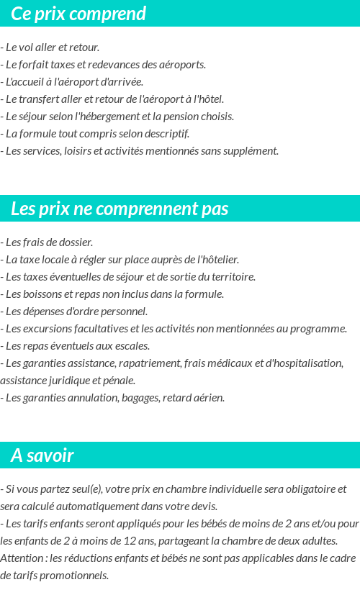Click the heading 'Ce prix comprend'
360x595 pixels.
[78, 14]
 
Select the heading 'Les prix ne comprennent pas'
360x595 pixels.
[120, 209]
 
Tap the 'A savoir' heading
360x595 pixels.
[42, 455]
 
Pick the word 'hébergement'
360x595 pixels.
[104, 117]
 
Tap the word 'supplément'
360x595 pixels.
[251, 151]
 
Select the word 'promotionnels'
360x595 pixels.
[75, 576]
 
